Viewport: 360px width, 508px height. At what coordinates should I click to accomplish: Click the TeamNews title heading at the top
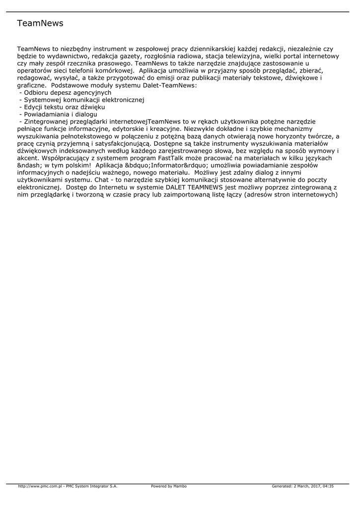pos(40,23)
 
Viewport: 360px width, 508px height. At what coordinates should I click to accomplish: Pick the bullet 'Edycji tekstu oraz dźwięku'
pos(64,107)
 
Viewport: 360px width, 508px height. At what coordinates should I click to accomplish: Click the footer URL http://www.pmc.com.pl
pos(40,486)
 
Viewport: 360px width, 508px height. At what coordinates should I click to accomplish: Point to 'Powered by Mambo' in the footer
pos(169,486)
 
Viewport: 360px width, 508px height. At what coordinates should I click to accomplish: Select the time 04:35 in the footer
pos(328,486)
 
